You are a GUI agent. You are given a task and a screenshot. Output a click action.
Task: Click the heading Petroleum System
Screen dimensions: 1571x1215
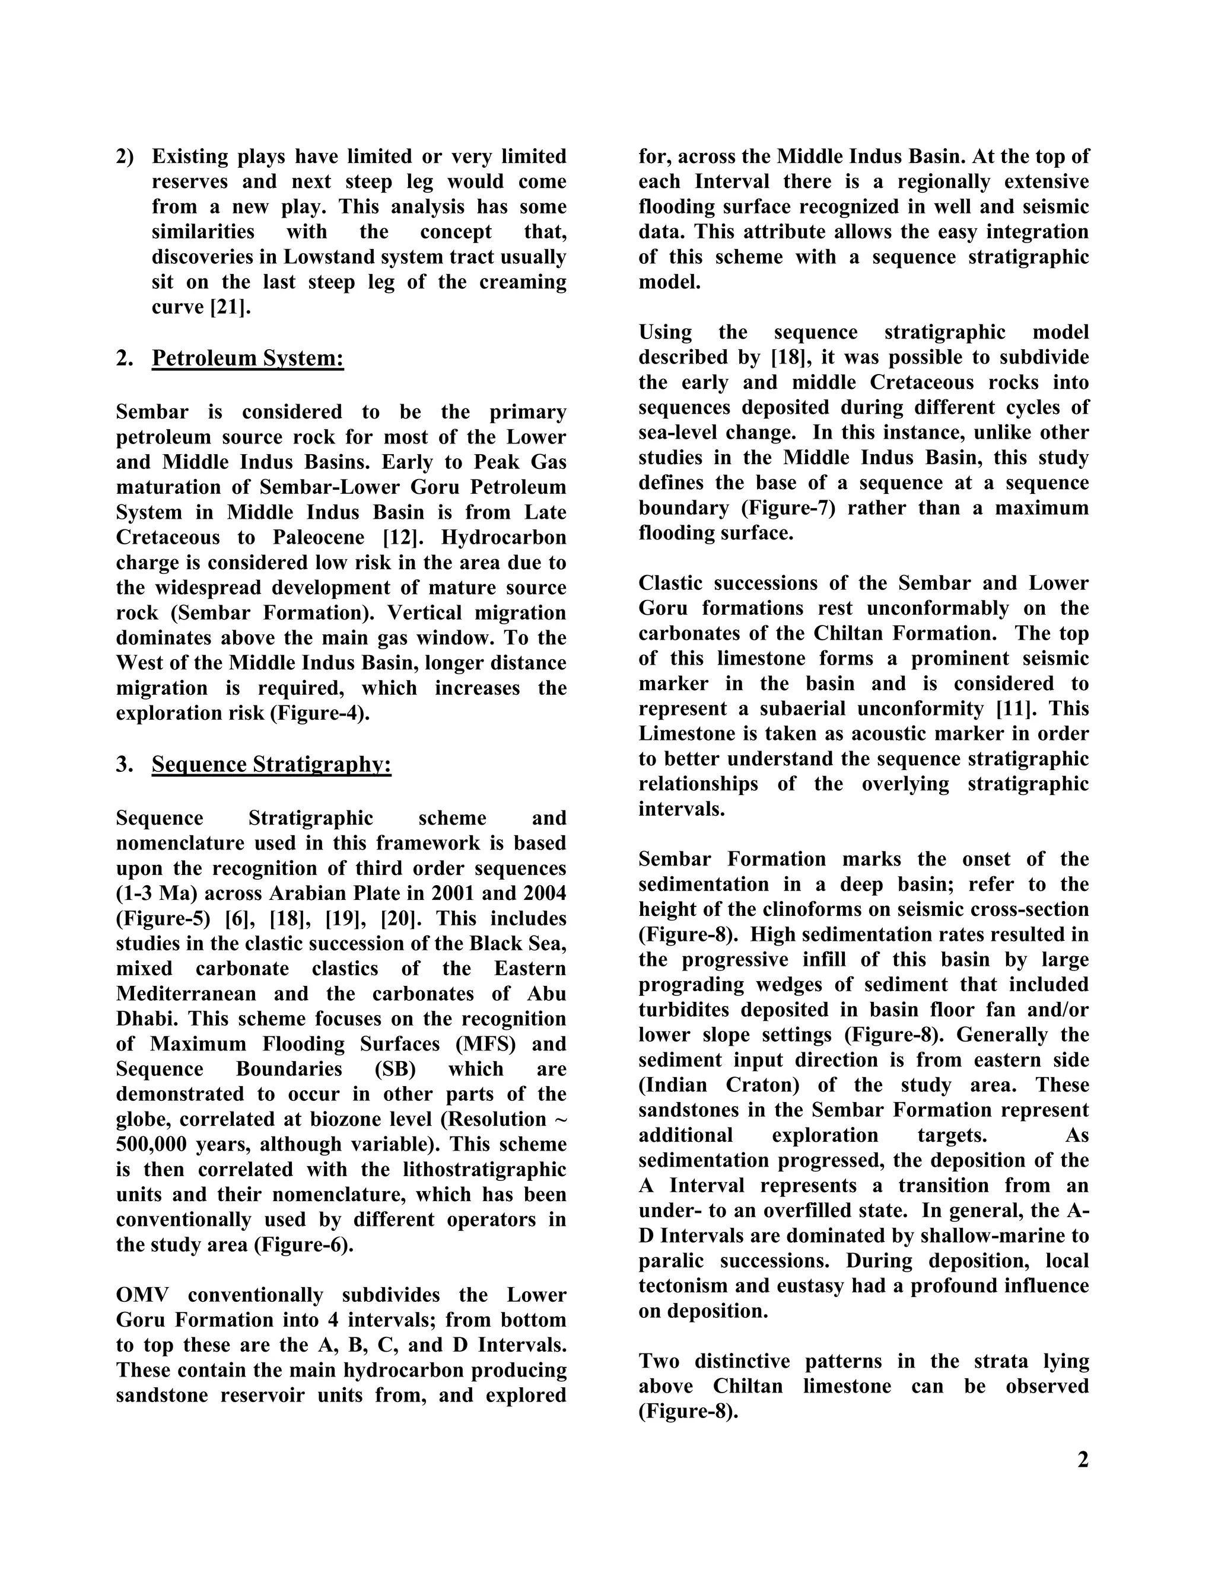tap(247, 357)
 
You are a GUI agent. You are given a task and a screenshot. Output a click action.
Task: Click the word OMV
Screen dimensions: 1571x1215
tap(142, 1295)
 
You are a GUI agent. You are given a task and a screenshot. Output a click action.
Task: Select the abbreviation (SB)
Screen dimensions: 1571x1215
tap(395, 1069)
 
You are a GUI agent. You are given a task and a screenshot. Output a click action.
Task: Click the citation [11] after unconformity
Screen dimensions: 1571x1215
tap(1016, 708)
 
